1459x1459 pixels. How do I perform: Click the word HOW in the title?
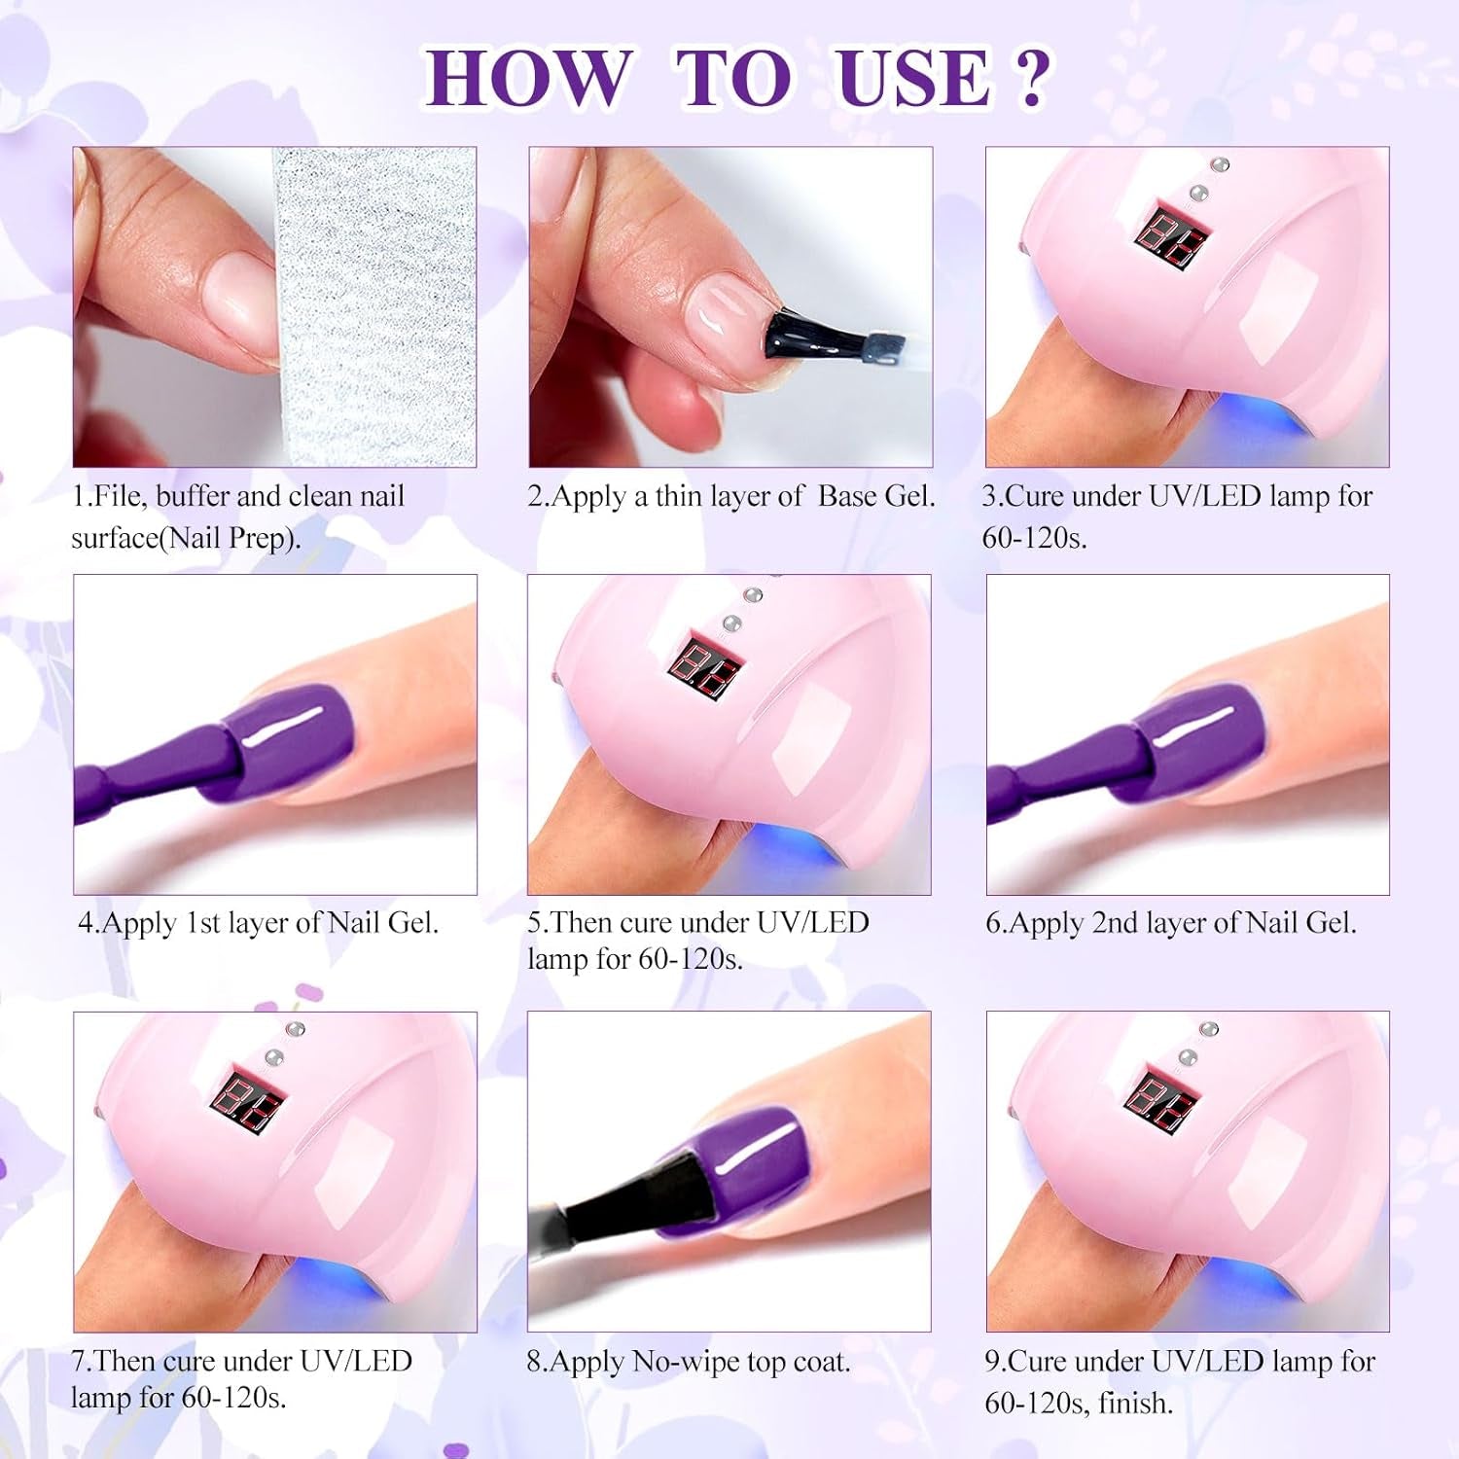[x=527, y=78]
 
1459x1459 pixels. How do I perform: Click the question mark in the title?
[x=1030, y=78]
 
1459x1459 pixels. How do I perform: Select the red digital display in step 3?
[x=1176, y=235]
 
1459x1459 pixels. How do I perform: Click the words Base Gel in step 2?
[x=875, y=497]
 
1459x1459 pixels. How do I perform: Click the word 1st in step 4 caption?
[x=203, y=923]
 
